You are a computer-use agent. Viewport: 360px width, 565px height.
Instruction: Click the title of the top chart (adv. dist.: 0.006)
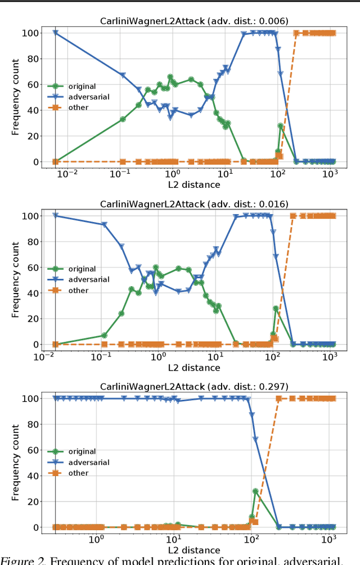[193, 21]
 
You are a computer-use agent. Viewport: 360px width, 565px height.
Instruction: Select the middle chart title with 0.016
[193, 204]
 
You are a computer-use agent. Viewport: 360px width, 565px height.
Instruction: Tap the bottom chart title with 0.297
[193, 386]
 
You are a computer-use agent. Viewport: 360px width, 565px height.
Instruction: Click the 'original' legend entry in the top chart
[82, 87]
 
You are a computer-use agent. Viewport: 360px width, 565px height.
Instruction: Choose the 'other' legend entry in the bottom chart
[78, 473]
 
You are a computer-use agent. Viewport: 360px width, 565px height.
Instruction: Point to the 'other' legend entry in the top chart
[78, 107]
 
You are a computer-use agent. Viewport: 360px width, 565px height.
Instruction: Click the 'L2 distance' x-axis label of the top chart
[193, 184]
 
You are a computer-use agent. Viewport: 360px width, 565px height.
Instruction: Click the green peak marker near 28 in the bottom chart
[255, 491]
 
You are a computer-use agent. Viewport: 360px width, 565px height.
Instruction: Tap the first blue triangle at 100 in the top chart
[55, 33]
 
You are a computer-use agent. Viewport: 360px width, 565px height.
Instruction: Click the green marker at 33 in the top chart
[123, 119]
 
